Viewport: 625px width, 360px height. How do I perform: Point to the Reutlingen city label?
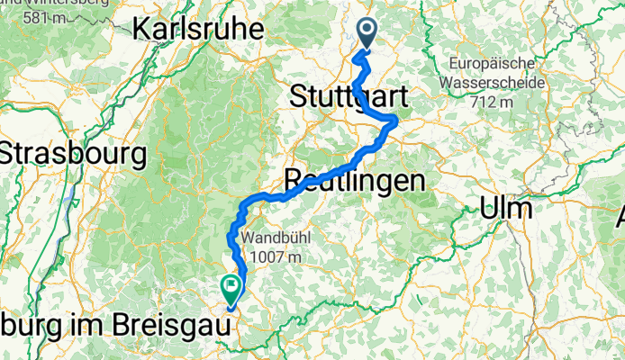coord(354,180)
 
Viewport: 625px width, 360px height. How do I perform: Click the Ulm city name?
coord(504,208)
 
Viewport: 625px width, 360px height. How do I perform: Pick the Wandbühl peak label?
coord(277,239)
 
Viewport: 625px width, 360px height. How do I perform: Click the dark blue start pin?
coord(369,34)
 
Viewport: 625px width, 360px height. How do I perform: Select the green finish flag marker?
coord(231,288)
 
